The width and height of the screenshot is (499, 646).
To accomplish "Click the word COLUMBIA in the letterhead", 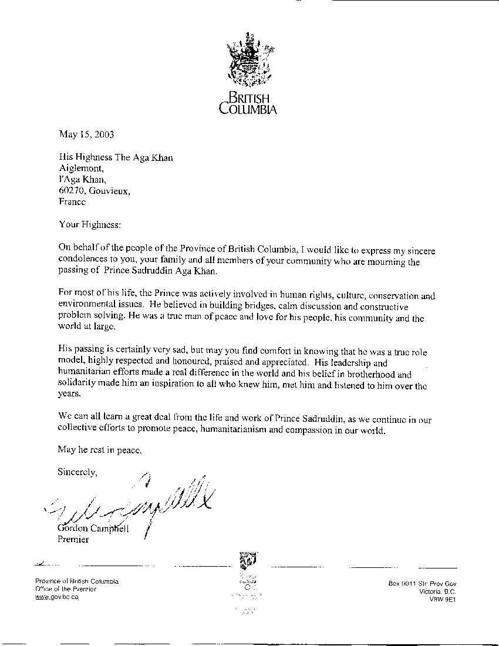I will [248, 109].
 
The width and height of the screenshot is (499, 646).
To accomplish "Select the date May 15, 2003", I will [86, 134].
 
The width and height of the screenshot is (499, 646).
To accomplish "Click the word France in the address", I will [72, 201].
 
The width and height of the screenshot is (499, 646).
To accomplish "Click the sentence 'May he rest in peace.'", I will [100, 450].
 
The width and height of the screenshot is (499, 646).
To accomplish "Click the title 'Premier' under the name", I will [73, 539].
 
